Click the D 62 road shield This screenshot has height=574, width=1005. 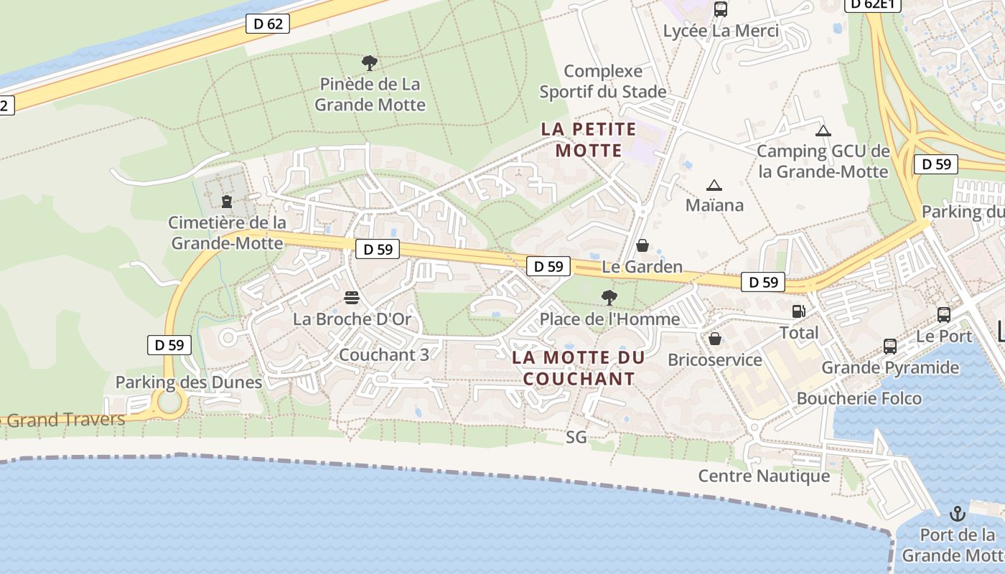pyautogui.click(x=268, y=24)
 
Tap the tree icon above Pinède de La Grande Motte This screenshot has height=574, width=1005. pyautogui.click(x=370, y=63)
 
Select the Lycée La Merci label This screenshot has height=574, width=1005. pyautogui.click(x=721, y=32)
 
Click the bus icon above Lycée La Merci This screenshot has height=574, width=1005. pyautogui.click(x=721, y=9)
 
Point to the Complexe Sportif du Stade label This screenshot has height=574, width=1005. pyautogui.click(x=603, y=81)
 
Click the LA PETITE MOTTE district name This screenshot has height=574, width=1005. pyautogui.click(x=589, y=140)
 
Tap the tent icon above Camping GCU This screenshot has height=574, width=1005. pyautogui.click(x=823, y=131)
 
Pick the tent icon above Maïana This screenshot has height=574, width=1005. pyautogui.click(x=714, y=185)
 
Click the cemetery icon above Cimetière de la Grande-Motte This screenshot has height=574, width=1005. pyautogui.click(x=227, y=202)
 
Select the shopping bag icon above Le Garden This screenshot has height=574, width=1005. pyautogui.click(x=642, y=245)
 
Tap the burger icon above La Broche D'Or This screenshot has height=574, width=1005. pyautogui.click(x=352, y=297)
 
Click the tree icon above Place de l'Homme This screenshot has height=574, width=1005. pyautogui.click(x=609, y=297)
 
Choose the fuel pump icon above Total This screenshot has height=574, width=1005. pyautogui.click(x=798, y=311)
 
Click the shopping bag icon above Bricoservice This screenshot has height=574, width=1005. pyautogui.click(x=715, y=339)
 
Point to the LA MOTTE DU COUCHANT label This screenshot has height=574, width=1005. pyautogui.click(x=579, y=368)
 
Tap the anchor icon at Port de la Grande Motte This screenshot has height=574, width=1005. pyautogui.click(x=958, y=514)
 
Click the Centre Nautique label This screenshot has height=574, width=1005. pyautogui.click(x=764, y=476)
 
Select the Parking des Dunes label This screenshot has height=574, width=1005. pyautogui.click(x=189, y=382)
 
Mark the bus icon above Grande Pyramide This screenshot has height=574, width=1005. pyautogui.click(x=890, y=347)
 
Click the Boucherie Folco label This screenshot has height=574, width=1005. pyautogui.click(x=859, y=398)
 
